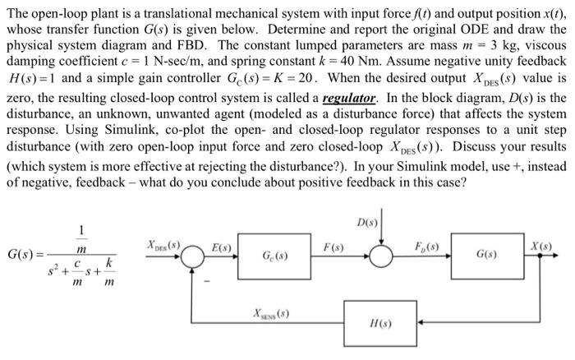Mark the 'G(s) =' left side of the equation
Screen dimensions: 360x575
click(23, 256)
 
